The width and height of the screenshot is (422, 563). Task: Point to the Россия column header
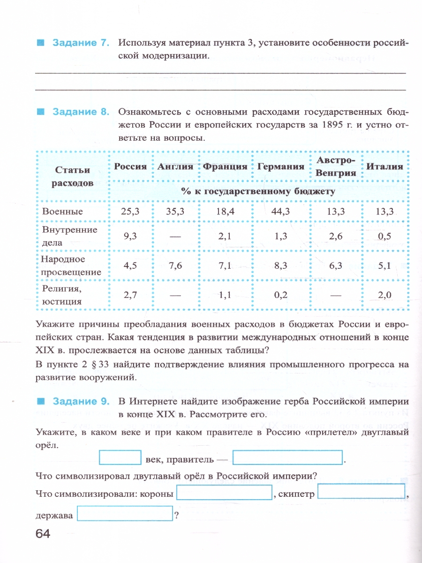pyautogui.click(x=130, y=167)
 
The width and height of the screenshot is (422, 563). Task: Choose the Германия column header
pyautogui.click(x=280, y=167)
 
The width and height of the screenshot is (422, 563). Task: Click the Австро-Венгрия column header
pyautogui.click(x=335, y=167)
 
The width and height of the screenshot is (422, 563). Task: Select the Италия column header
pyautogui.click(x=384, y=167)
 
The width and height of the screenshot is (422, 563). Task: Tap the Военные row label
pyautogui.click(x=62, y=212)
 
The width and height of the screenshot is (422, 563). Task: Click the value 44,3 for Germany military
pyautogui.click(x=280, y=212)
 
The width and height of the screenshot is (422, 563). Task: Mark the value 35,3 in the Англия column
pyautogui.click(x=175, y=212)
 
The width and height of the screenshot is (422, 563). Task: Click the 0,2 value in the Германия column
pyautogui.click(x=280, y=295)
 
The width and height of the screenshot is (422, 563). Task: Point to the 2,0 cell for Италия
pyautogui.click(x=384, y=295)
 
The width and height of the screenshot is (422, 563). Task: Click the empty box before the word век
pyautogui.click(x=121, y=457)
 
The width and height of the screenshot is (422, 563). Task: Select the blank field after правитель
pyautogui.click(x=288, y=457)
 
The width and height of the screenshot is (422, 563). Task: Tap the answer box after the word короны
pyautogui.click(x=224, y=493)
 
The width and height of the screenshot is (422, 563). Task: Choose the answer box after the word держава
pyautogui.click(x=125, y=514)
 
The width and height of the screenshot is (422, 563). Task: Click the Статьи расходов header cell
pyautogui.click(x=72, y=176)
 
